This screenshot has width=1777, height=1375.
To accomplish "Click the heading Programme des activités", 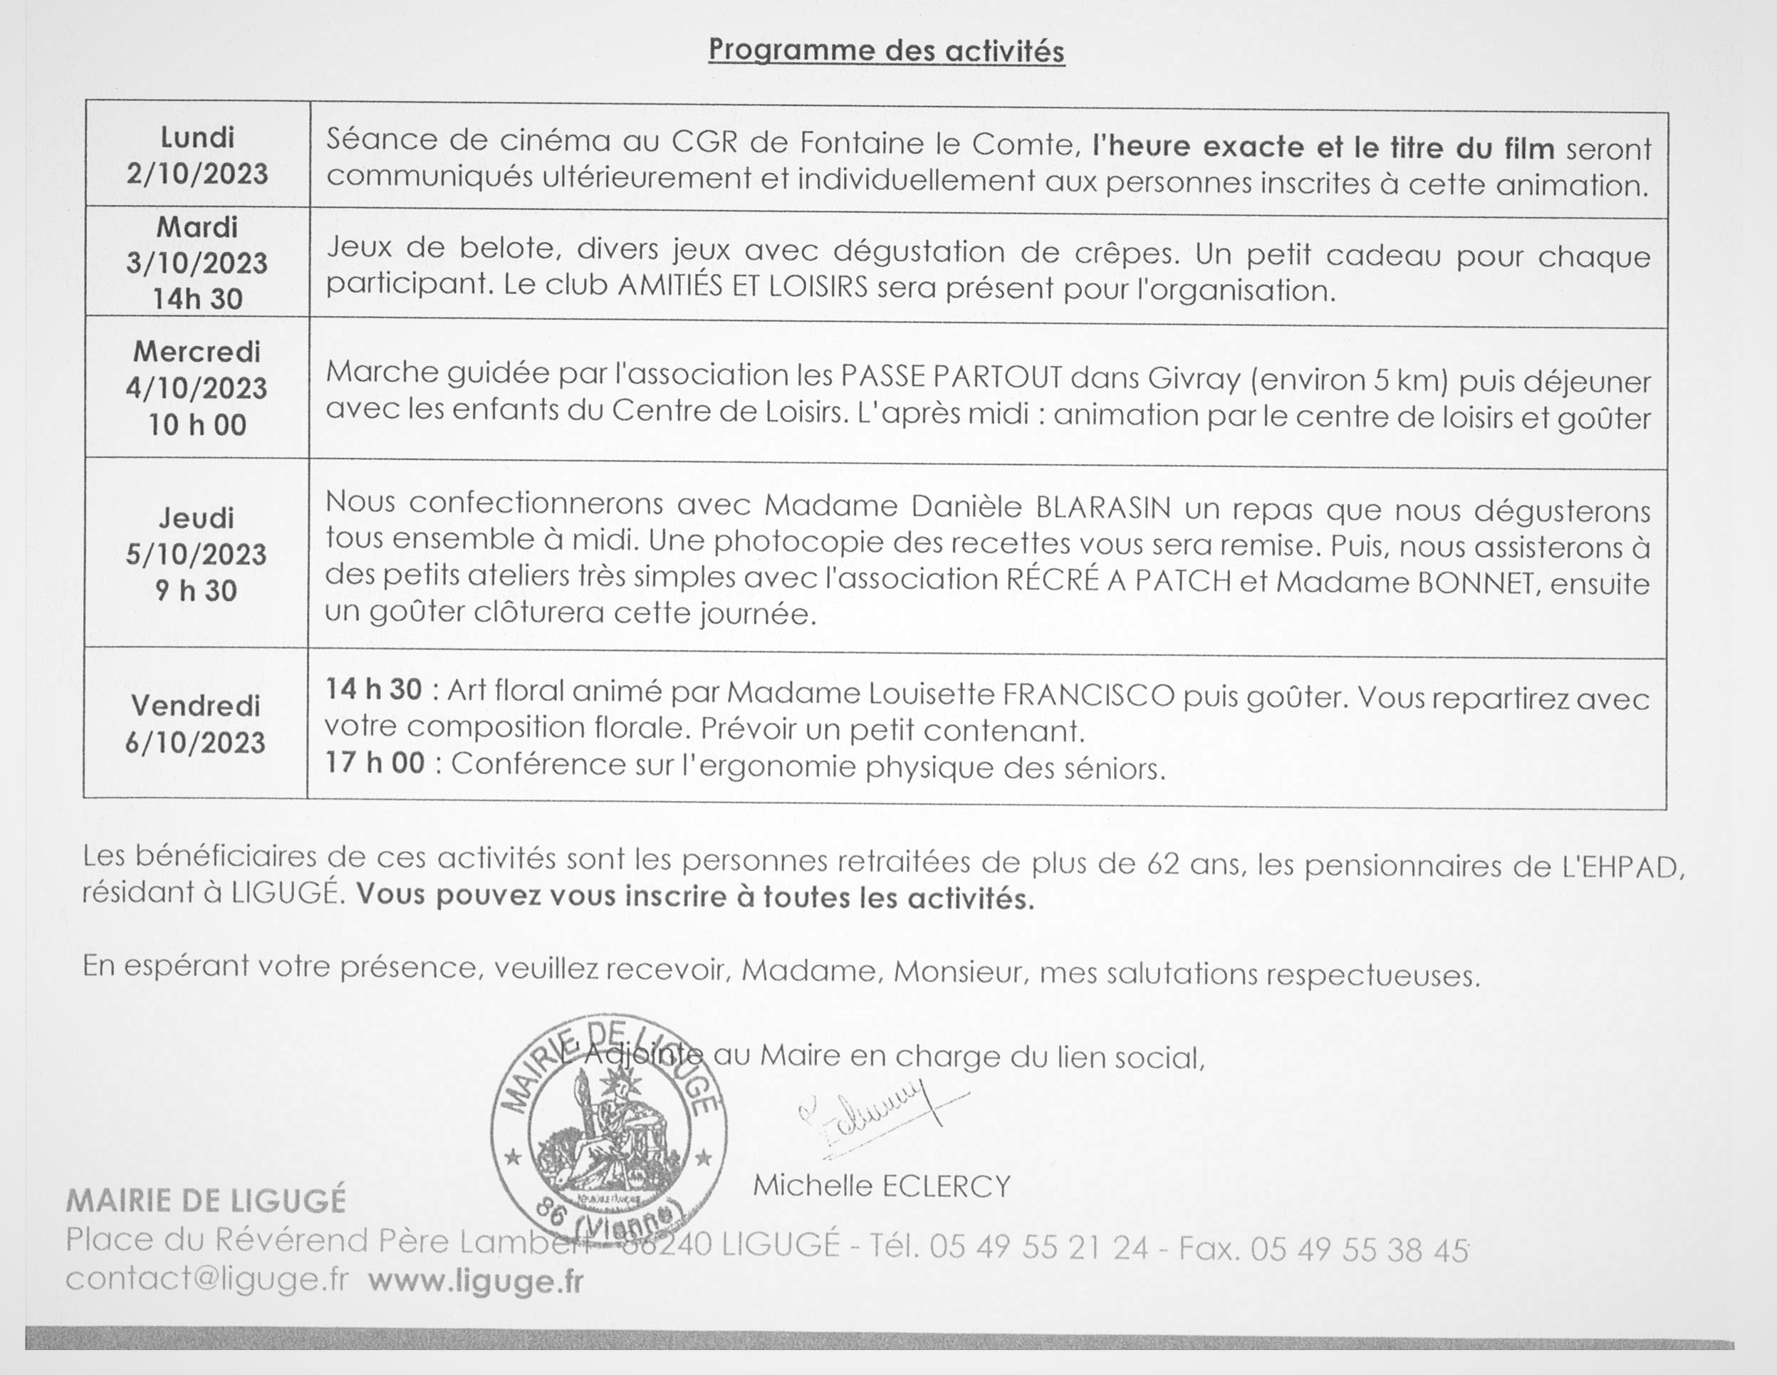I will pyautogui.click(x=886, y=51).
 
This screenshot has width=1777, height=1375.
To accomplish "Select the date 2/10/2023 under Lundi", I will pyautogui.click(x=197, y=173).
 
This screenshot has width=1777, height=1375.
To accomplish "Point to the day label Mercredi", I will pyautogui.click(x=197, y=352).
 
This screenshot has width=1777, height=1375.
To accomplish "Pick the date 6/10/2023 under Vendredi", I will pyautogui.click(x=195, y=742).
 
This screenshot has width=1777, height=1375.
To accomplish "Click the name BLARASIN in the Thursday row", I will pyautogui.click(x=1103, y=508).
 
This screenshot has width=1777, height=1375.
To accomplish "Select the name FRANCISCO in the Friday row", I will pyautogui.click(x=1089, y=696).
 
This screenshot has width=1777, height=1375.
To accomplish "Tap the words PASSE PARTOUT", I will pyautogui.click(x=951, y=377).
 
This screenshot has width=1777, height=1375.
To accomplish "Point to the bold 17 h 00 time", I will pyautogui.click(x=375, y=763).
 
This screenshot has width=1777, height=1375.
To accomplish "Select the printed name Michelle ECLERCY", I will pyautogui.click(x=881, y=1186).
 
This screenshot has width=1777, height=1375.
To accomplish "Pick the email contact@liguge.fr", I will pyautogui.click(x=207, y=1279).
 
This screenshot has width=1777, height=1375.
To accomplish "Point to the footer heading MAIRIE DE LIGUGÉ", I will pyautogui.click(x=206, y=1201).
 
